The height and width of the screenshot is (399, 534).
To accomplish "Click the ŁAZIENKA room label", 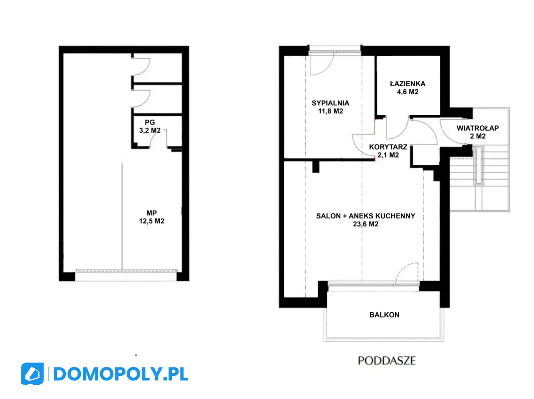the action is point(408,84).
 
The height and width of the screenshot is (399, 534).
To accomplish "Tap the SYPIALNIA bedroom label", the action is point(330,103).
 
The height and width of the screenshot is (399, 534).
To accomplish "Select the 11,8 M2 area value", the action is point(330,111).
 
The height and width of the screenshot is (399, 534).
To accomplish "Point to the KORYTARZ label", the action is point(388,147).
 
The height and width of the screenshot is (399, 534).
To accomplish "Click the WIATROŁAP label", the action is point(477,128).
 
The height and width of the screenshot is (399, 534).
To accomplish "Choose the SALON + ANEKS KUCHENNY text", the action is point(365,216).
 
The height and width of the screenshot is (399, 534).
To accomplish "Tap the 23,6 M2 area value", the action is point(365,224).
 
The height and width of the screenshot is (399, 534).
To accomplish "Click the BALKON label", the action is point(384,315).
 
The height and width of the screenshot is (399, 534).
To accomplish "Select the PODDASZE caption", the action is point(387,361).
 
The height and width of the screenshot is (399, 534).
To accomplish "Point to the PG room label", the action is point(150,122).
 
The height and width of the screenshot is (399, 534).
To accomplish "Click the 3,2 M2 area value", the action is point(150,131).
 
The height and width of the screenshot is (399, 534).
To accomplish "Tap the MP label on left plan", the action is point(152,213).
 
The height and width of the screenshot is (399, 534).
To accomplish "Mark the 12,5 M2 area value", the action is point(152,221).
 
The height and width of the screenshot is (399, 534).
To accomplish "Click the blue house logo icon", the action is point(32,374).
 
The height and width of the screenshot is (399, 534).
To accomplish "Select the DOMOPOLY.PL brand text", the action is point(121,374).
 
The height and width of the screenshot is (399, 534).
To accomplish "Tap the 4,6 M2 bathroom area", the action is point(408,92).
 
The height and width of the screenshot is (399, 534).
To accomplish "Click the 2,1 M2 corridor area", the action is point(388,155).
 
